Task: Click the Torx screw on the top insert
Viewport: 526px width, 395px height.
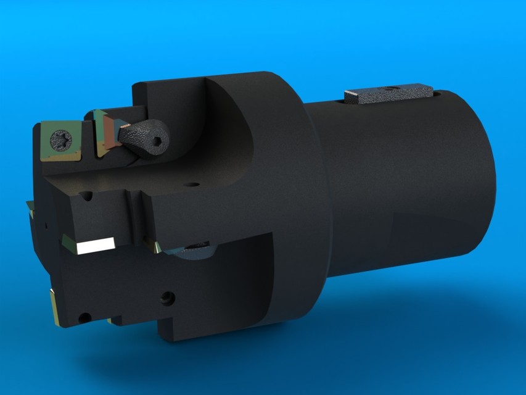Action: (62, 136)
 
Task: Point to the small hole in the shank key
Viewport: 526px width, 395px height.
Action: (389, 88)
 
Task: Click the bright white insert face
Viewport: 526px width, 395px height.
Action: (96, 245)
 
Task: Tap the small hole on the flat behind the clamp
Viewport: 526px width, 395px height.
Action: (192, 184)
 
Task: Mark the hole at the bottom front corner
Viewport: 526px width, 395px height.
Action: (84, 318)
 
